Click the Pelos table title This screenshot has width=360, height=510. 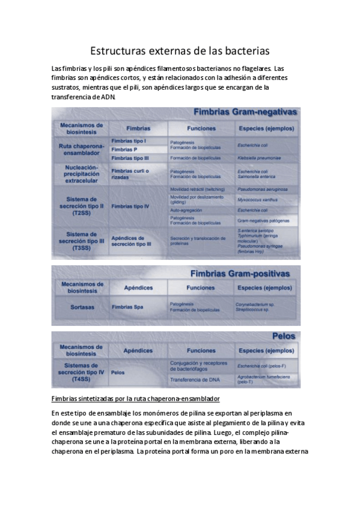click(x=282, y=337)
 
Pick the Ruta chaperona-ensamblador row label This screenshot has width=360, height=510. click(x=81, y=149)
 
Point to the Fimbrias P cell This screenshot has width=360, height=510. click(x=124, y=149)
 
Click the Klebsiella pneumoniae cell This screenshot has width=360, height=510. click(x=259, y=158)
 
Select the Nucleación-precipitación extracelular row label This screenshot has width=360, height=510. click(x=81, y=173)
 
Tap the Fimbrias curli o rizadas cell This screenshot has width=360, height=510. click(x=130, y=174)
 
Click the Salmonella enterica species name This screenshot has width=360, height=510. click(x=259, y=177)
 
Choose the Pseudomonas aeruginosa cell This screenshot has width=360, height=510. click(x=263, y=189)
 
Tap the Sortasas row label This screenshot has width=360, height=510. click(x=82, y=307)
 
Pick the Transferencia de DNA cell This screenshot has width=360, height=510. click(x=195, y=379)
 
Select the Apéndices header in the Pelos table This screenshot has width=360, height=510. click(x=138, y=351)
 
